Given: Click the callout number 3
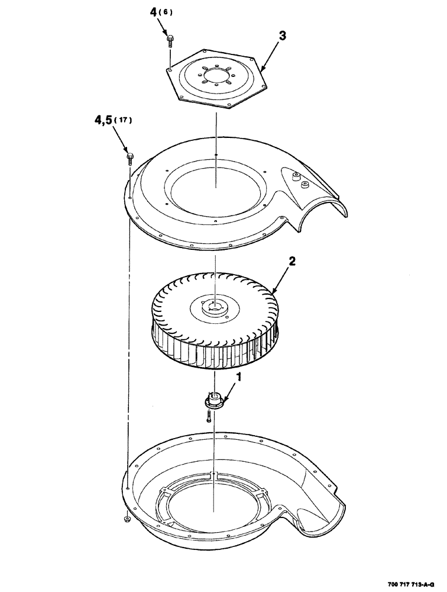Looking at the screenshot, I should click(283, 36).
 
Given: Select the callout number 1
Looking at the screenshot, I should click(239, 376).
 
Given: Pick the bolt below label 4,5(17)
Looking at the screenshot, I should click(129, 157).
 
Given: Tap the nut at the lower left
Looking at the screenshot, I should click(127, 520).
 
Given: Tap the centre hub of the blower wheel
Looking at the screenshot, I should click(213, 307).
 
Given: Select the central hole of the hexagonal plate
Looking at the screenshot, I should click(216, 76).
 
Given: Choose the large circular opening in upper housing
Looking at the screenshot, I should click(216, 186).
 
